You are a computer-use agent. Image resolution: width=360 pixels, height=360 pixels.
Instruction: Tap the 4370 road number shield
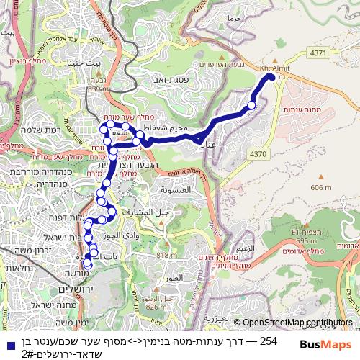(x=256, y=153)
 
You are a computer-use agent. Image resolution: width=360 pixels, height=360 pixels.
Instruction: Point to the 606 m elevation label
(x=322, y=187)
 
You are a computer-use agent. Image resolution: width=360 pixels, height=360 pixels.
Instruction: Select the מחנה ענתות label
(x=312, y=110)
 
